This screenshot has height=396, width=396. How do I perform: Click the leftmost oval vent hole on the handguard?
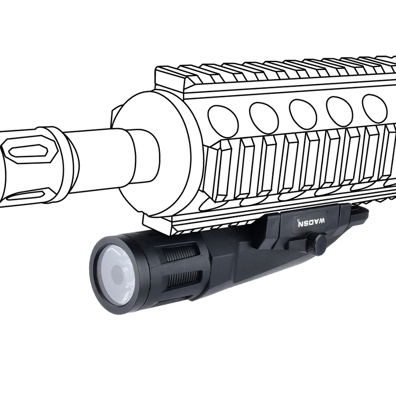coord(223,119)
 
